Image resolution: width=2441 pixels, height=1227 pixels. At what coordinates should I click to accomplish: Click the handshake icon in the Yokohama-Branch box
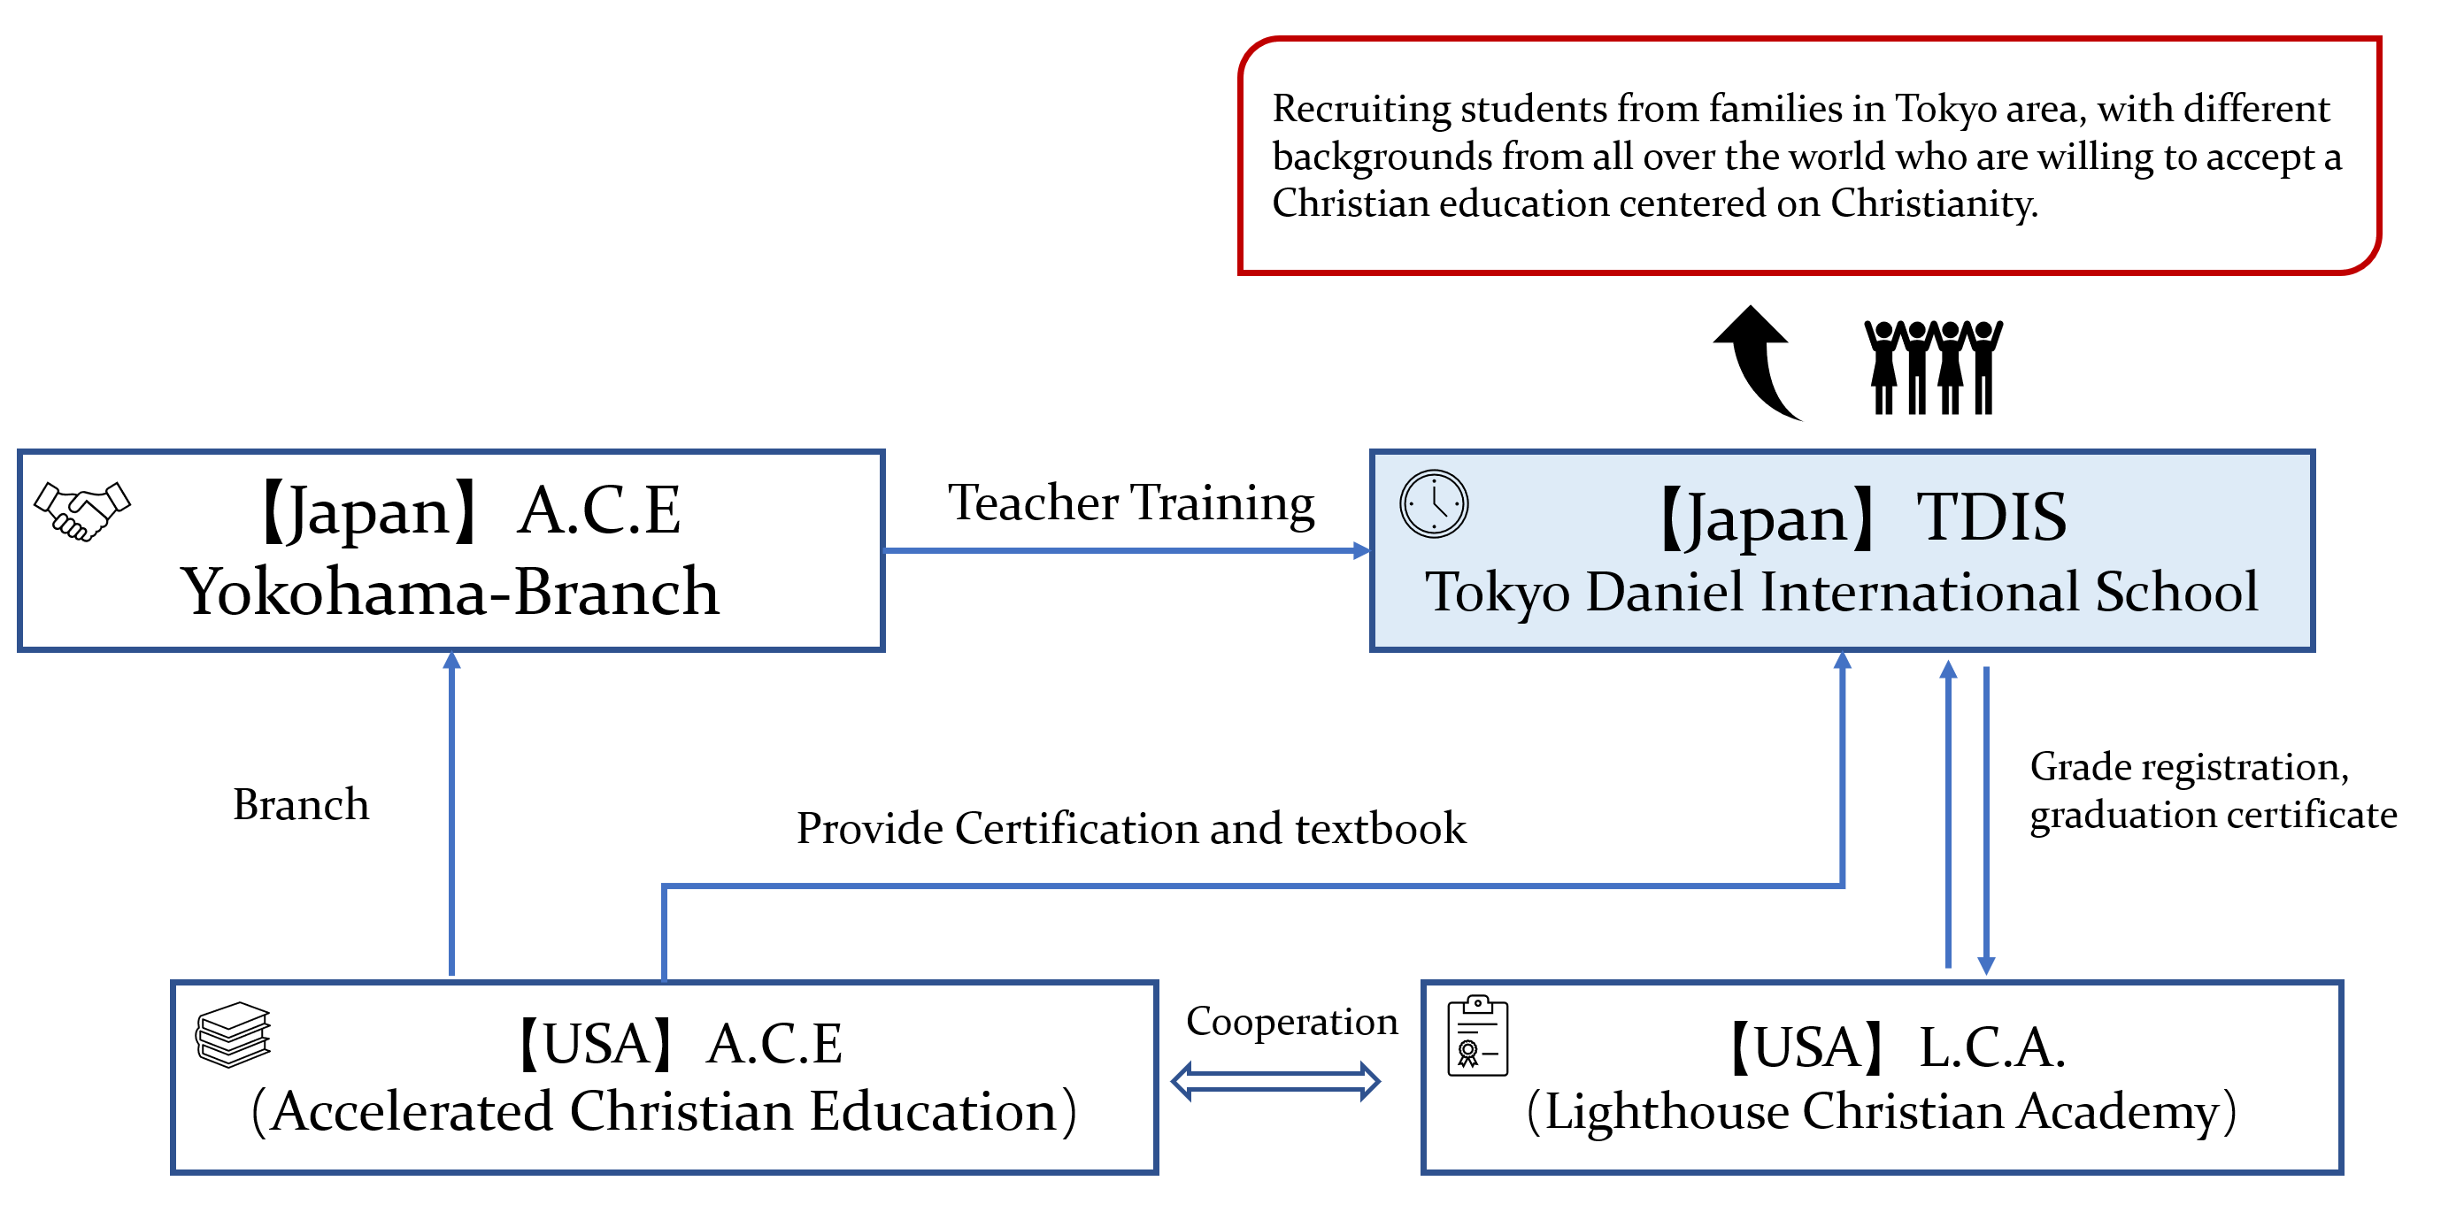(x=81, y=510)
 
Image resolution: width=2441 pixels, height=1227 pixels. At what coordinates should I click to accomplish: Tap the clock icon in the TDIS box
(x=1433, y=503)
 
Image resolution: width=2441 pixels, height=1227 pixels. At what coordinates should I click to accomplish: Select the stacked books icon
(x=233, y=1034)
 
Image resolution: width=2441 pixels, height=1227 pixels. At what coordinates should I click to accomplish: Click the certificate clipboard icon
(x=1476, y=1036)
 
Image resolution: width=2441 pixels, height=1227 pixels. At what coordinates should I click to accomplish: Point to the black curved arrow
(x=1757, y=360)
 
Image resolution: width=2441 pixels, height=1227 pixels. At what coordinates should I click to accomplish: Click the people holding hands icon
(x=1932, y=366)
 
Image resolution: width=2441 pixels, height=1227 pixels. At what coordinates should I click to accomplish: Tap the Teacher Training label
(x=1130, y=502)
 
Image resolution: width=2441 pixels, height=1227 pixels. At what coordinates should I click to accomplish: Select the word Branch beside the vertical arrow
(x=300, y=804)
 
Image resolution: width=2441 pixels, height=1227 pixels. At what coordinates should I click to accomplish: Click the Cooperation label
(x=1290, y=1021)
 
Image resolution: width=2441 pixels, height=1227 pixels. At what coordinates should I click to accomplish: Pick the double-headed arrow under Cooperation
(x=1274, y=1080)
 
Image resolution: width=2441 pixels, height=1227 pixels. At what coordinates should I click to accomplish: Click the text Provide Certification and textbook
(x=1130, y=828)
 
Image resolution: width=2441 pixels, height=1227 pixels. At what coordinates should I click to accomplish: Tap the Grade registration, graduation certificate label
(x=2212, y=790)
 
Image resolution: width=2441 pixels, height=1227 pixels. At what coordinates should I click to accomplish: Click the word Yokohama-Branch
(x=450, y=591)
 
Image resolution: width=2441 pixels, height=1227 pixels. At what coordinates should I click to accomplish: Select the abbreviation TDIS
(x=1991, y=518)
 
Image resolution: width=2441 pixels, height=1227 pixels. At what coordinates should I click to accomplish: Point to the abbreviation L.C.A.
(x=1991, y=1047)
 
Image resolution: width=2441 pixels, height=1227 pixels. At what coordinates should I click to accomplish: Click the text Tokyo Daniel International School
(x=1841, y=591)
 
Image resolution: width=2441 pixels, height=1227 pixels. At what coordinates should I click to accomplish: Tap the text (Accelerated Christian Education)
(x=663, y=1110)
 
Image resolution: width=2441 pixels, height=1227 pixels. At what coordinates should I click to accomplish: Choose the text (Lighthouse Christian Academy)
(x=1881, y=1110)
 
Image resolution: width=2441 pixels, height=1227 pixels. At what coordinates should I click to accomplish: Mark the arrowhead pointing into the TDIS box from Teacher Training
(x=1362, y=550)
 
